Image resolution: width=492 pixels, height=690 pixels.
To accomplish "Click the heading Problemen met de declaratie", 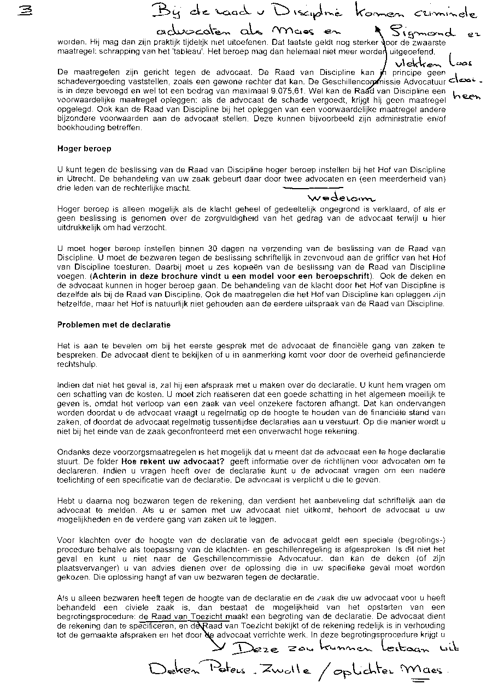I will click(114, 325).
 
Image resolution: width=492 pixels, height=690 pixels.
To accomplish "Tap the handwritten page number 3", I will click(23, 10).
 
